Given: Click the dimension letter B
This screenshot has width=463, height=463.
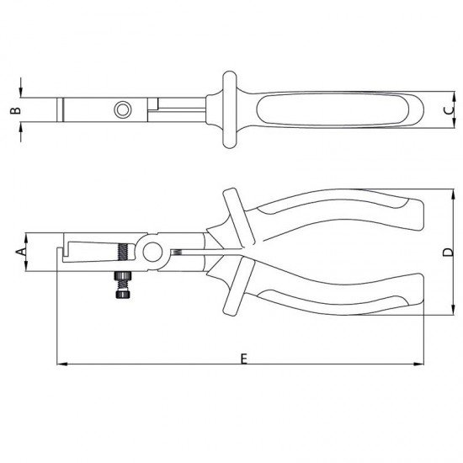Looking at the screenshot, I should (13, 110).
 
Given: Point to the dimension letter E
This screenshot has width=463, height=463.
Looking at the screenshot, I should (242, 358).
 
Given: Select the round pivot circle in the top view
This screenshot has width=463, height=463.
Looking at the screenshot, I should (123, 109).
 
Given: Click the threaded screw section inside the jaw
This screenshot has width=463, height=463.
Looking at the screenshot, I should (125, 252).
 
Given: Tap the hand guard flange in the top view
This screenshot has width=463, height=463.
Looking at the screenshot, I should (227, 110).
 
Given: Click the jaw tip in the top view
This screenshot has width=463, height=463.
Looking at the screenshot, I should (61, 109).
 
